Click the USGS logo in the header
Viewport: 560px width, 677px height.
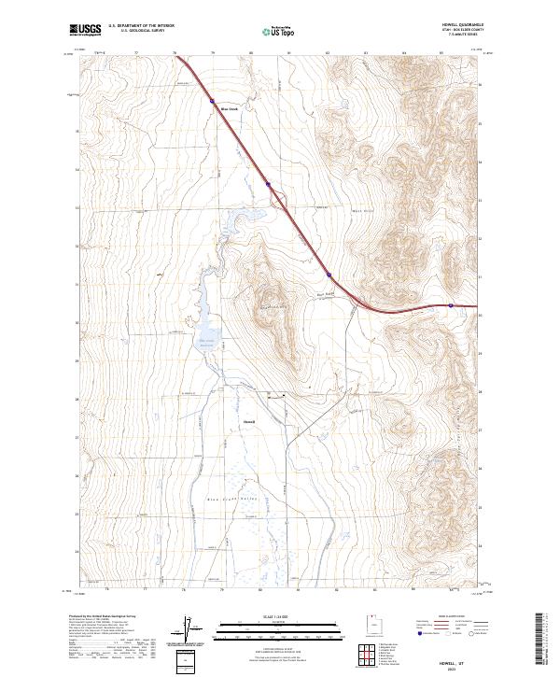(x=86, y=30)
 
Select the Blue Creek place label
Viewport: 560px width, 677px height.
(x=230, y=108)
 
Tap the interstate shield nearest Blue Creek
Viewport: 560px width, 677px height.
(x=213, y=98)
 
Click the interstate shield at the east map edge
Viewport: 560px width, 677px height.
(x=451, y=304)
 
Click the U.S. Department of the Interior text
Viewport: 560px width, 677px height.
(x=142, y=25)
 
